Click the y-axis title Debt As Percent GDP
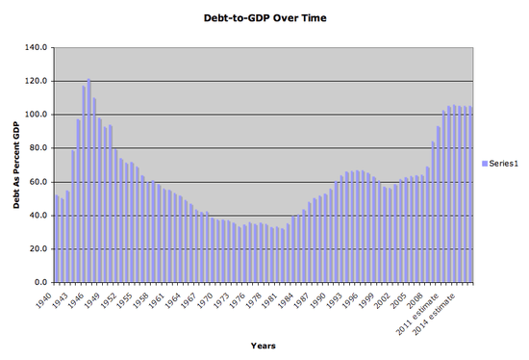coord(18,165)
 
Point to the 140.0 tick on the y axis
coord(36,47)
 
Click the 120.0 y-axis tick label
coord(36,81)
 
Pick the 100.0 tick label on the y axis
coord(36,115)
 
